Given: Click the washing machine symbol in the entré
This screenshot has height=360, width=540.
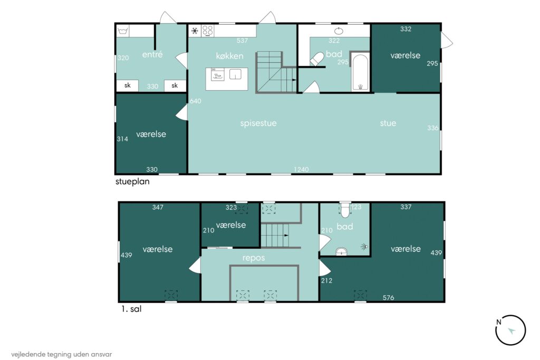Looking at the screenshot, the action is click(x=122, y=31).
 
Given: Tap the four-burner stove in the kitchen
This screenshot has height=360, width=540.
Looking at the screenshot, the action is click(x=207, y=31).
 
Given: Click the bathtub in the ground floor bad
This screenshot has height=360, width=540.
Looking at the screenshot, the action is click(x=360, y=72).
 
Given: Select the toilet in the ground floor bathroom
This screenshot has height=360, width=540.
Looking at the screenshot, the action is click(x=317, y=59).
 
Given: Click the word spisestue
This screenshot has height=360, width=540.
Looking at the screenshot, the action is click(x=258, y=123).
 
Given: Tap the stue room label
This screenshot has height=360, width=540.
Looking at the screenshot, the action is click(x=388, y=123).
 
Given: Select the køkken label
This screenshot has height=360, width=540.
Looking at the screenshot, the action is click(x=230, y=56).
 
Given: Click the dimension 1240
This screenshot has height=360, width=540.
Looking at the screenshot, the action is click(x=301, y=169).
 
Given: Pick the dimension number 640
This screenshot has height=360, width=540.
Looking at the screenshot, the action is click(x=195, y=101).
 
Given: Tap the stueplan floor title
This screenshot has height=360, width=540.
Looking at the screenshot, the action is click(x=132, y=181).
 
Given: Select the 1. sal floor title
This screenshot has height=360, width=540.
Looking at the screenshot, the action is click(x=131, y=309).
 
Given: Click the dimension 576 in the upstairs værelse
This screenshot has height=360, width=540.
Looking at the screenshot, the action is click(x=389, y=298).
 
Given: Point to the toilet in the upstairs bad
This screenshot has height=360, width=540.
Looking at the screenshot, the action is click(x=345, y=210).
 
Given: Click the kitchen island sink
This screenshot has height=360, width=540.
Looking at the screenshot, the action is click(x=235, y=74).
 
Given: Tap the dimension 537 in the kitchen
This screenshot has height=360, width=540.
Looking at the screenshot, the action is click(x=242, y=41).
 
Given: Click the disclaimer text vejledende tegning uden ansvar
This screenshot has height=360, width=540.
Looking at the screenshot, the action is click(x=61, y=354).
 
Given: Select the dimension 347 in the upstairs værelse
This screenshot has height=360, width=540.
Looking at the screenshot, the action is click(x=158, y=207).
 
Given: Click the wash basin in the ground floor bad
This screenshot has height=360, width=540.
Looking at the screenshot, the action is click(x=339, y=31).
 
